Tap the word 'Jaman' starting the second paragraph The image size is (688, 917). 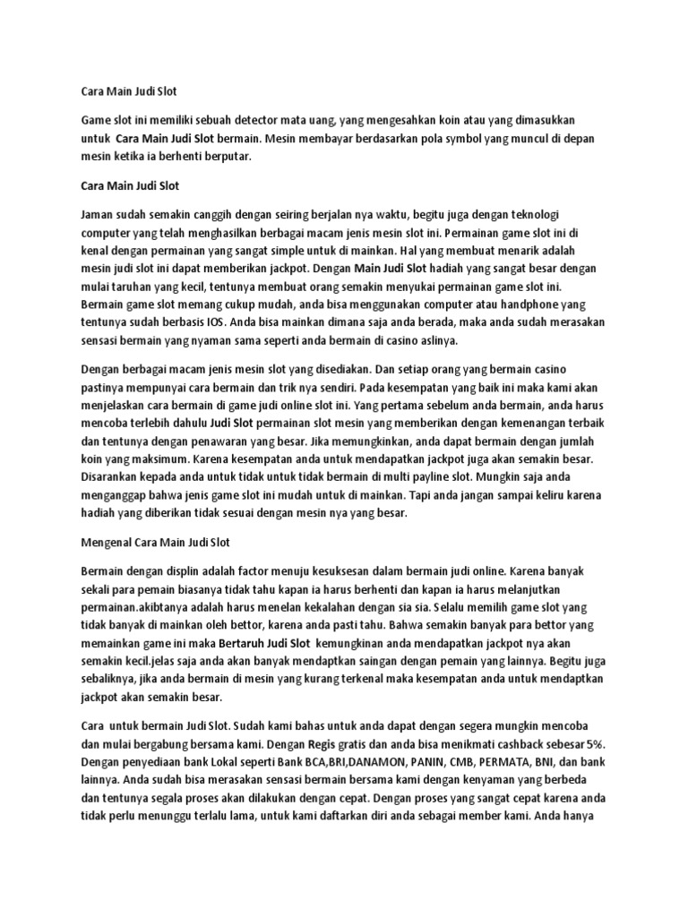coord(99,216)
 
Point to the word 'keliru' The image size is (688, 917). coord(551,495)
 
